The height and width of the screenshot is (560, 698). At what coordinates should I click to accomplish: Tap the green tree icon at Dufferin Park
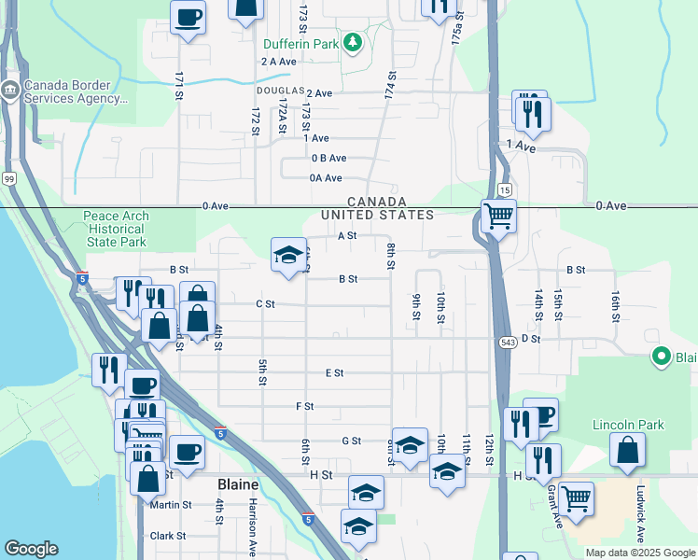click(353, 42)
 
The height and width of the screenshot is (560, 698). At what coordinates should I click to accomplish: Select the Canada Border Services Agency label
click(75, 91)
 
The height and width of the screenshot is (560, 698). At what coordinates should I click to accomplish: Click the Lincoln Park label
click(628, 425)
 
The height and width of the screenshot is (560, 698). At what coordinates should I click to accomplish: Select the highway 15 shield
click(505, 189)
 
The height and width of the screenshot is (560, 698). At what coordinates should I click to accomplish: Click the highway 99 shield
click(9, 178)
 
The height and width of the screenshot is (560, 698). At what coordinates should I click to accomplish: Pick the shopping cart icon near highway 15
click(499, 216)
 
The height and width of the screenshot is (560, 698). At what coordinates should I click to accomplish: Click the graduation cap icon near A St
click(289, 254)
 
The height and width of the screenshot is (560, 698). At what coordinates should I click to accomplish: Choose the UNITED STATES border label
click(377, 215)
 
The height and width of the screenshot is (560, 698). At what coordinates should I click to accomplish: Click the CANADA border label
click(377, 202)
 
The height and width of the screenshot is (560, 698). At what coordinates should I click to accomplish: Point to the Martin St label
click(170, 505)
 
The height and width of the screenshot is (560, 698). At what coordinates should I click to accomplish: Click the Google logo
click(31, 549)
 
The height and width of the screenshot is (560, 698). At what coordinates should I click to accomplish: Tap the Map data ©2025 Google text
click(639, 553)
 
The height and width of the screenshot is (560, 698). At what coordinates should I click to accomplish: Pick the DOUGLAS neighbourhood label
click(281, 91)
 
